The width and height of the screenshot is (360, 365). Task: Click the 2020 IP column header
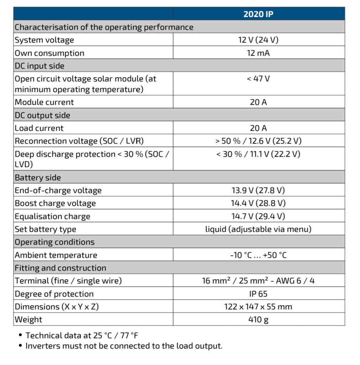tap(259, 14)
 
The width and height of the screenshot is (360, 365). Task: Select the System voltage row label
tap(45, 40)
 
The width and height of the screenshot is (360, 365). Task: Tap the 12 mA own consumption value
tap(259, 53)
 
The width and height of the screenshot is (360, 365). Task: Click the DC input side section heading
tap(40, 66)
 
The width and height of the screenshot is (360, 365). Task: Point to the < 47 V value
tap(259, 79)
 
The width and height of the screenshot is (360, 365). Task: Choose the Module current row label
tap(45, 102)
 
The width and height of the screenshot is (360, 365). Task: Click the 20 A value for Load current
tap(259, 128)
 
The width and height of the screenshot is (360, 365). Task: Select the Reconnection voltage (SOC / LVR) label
tap(79, 141)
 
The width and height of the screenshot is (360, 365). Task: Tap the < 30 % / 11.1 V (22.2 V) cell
tap(259, 154)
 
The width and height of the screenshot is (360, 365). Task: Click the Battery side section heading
tap(38, 178)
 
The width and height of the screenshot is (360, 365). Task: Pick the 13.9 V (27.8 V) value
tap(259, 190)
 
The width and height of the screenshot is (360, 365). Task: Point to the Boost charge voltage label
tap(55, 203)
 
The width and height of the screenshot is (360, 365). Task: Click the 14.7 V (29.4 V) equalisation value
tap(259, 216)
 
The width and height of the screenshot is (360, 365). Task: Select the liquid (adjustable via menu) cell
tap(259, 229)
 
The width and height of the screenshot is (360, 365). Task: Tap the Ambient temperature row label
tap(56, 255)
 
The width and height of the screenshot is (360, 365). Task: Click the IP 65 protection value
tap(259, 294)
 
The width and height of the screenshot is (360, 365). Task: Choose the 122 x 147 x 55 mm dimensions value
tap(259, 307)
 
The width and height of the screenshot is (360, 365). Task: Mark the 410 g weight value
tap(259, 319)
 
